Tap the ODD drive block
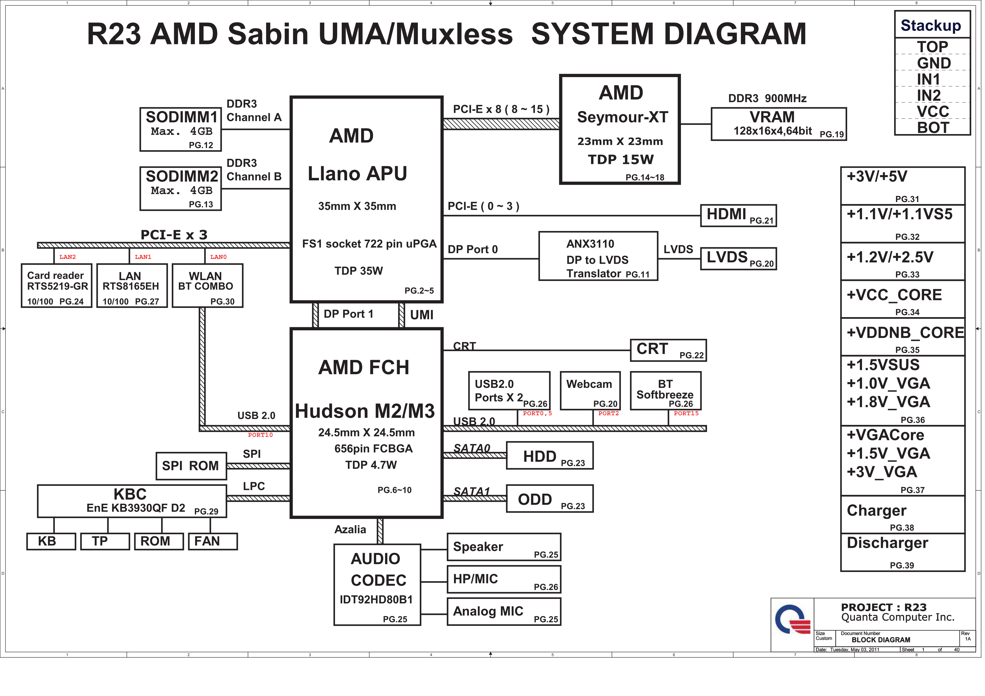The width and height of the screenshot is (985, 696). tap(549, 499)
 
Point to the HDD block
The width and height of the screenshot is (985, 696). tap(549, 455)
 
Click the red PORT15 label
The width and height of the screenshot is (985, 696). tap(686, 413)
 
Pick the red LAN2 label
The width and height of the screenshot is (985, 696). tap(67, 257)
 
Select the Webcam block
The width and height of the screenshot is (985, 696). tap(590, 390)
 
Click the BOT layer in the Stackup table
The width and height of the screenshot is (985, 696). tap(933, 128)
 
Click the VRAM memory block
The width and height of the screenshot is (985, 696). tap(778, 124)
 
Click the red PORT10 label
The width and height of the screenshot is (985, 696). tap(260, 435)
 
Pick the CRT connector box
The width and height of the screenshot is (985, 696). tap(668, 350)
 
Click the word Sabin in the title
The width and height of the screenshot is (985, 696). tap(268, 34)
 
